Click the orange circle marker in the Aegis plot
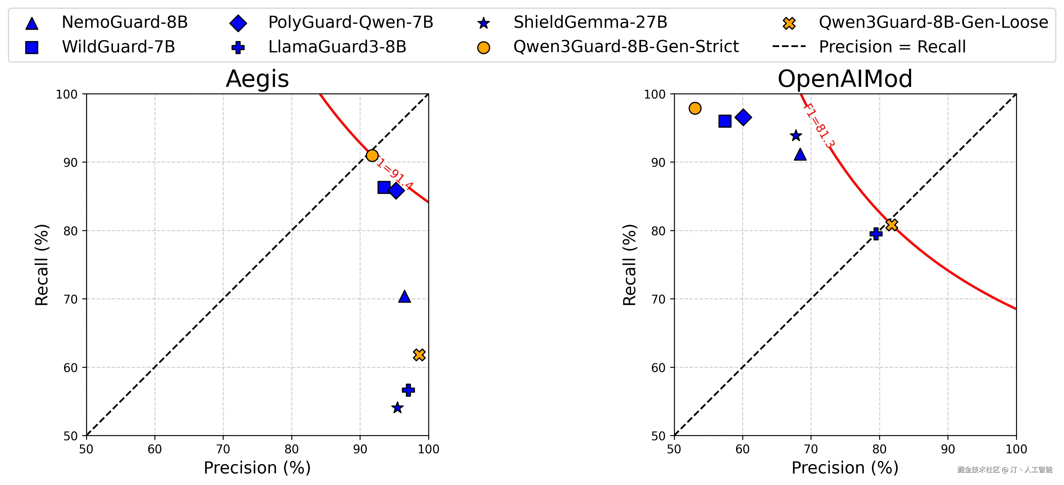pyautogui.click(x=372, y=156)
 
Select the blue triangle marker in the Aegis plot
pyautogui.click(x=404, y=297)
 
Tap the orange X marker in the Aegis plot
pyautogui.click(x=419, y=354)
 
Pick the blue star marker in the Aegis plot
pyautogui.click(x=397, y=408)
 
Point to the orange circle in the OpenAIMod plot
pyautogui.click(x=695, y=108)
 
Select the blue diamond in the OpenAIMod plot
pyautogui.click(x=743, y=117)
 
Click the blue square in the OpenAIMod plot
pyautogui.click(x=725, y=121)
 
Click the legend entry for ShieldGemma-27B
pyautogui.click(x=590, y=22)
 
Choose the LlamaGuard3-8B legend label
pyautogui.click(x=337, y=47)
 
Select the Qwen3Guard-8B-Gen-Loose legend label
pyautogui.click(x=933, y=22)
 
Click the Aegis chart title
pyautogui.click(x=257, y=78)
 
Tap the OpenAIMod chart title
pyautogui.click(x=845, y=78)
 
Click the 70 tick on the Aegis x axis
pyautogui.click(x=223, y=449)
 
